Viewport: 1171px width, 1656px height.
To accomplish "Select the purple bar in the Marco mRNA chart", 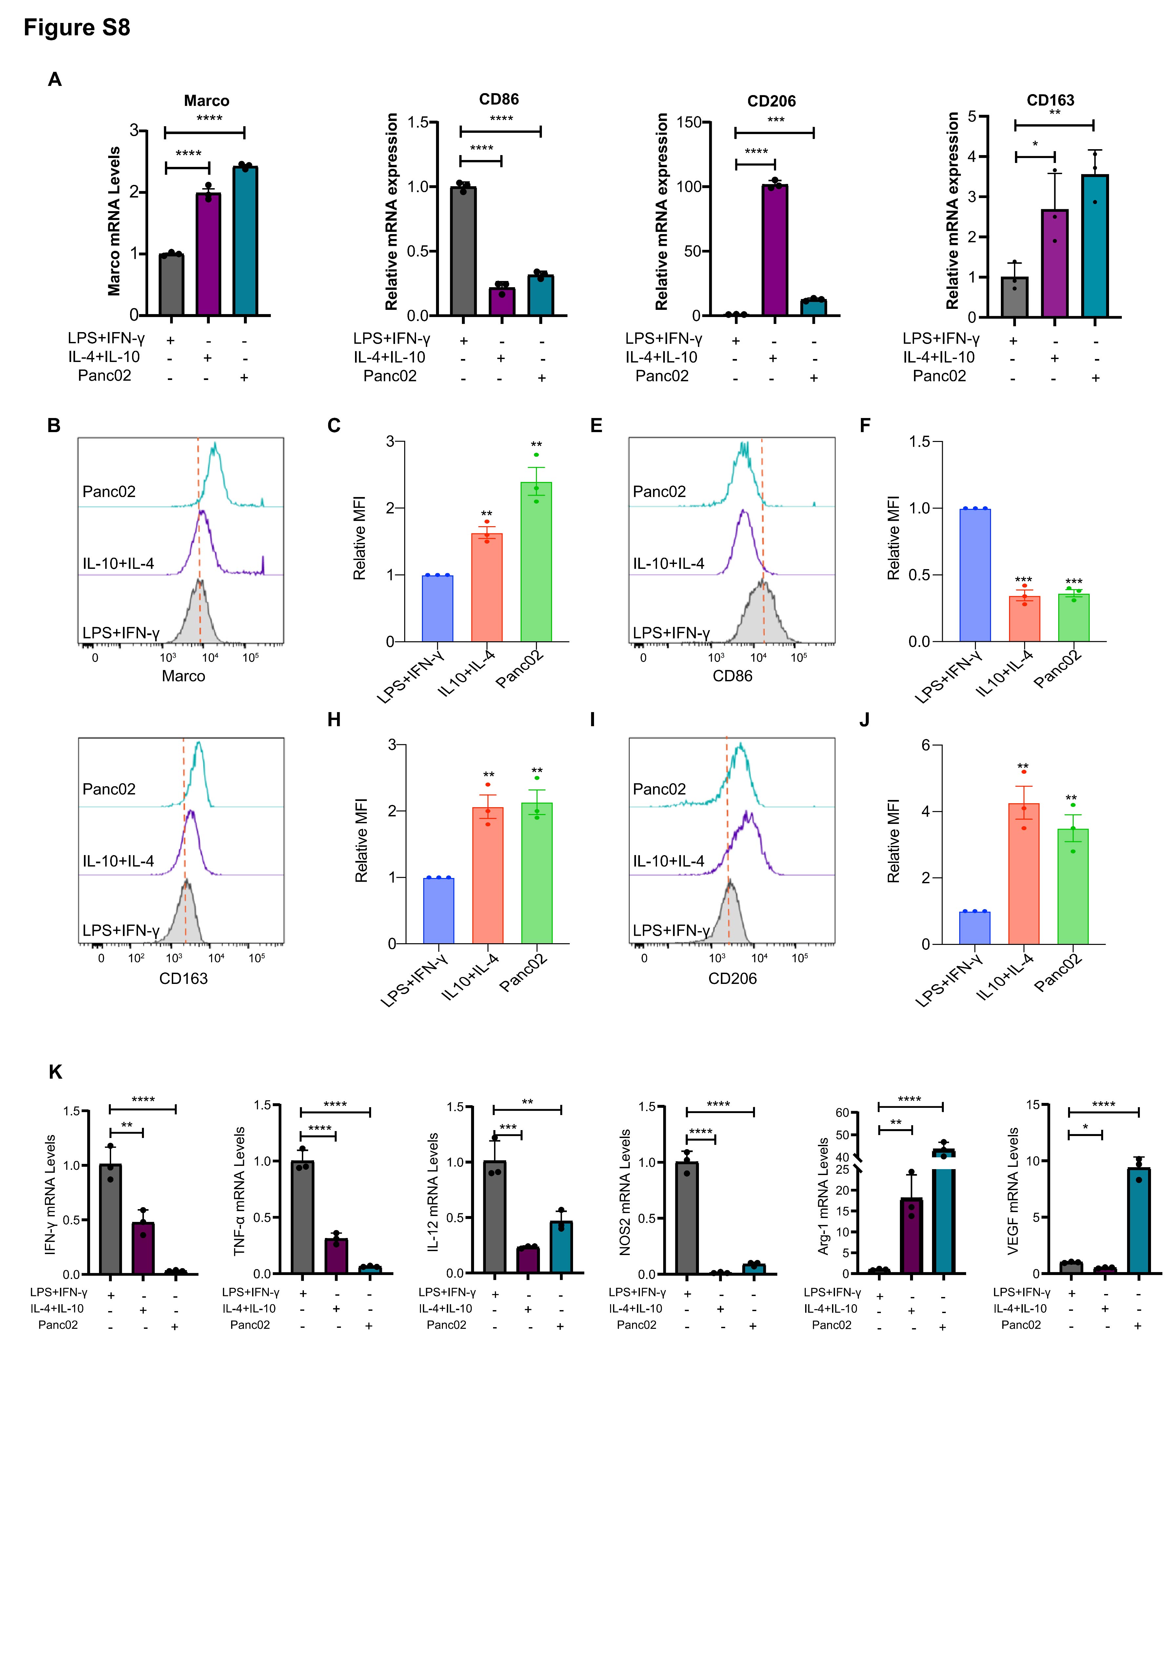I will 208,254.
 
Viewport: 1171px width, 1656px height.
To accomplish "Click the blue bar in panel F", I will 975,575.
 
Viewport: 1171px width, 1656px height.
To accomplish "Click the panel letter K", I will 55,1072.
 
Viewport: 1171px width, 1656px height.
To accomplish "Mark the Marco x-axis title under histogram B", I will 183,676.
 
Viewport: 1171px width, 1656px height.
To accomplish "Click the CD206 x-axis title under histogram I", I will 732,978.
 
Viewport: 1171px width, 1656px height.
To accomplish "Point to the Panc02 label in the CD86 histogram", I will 659,491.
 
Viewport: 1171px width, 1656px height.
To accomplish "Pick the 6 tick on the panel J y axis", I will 926,745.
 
